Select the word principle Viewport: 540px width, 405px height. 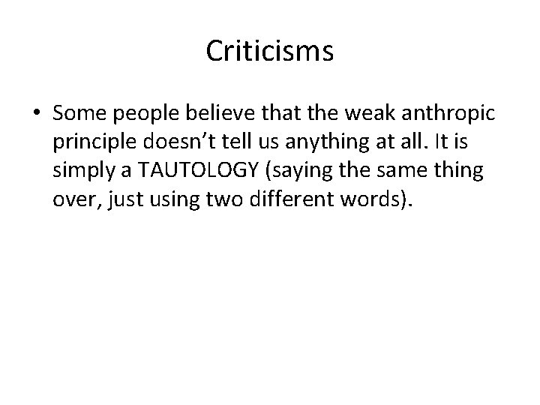[96, 141]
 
